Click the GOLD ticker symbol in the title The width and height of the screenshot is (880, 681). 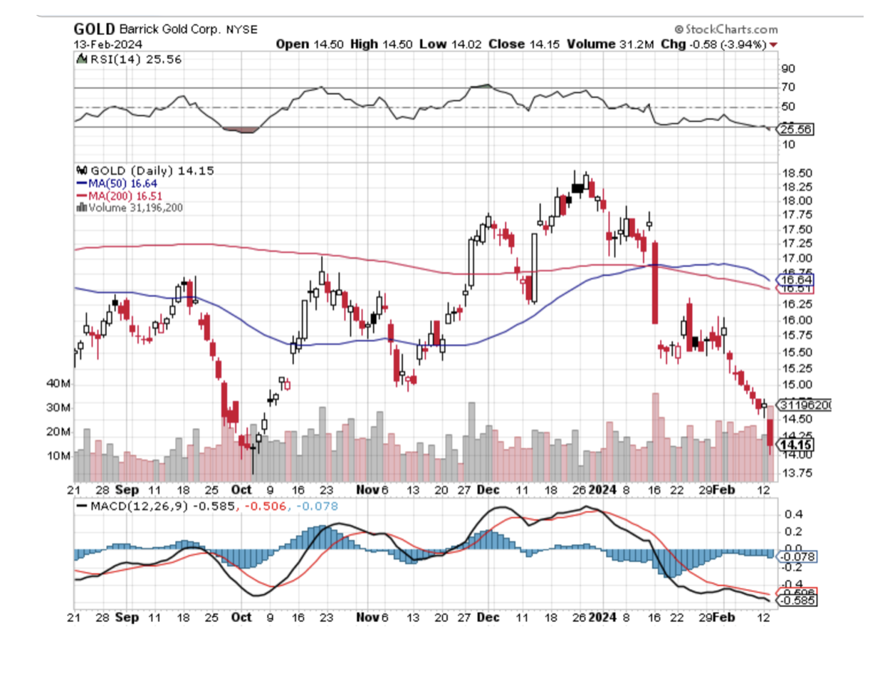94,29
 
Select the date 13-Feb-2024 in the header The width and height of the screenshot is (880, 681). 108,44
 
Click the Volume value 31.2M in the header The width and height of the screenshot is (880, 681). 636,44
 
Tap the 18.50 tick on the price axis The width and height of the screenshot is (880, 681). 797,173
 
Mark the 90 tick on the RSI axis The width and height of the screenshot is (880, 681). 788,68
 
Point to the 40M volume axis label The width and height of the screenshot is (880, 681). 58,383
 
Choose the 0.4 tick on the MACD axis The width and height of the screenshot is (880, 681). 793,514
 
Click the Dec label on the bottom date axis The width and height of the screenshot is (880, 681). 488,617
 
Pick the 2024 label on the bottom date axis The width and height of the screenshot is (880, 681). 602,617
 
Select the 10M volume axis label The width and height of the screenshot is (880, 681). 58,456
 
